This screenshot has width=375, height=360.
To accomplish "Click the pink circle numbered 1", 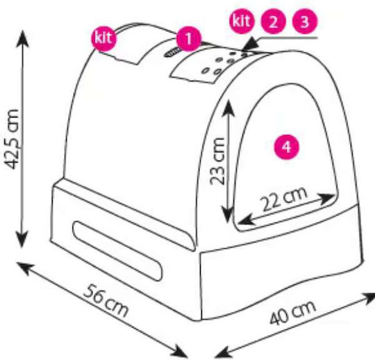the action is tap(189, 39).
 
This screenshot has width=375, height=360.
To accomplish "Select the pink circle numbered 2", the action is tap(274, 22).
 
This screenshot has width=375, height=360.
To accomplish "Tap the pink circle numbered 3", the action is tap(304, 22).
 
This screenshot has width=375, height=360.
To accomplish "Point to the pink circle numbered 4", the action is tap(287, 147).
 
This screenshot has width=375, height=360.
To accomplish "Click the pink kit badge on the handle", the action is tap(103, 38).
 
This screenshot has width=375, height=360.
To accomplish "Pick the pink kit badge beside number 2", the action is tap(241, 22).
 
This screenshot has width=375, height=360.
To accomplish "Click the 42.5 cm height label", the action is tap(12, 139).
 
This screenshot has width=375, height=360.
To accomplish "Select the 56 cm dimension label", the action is tap(106, 301).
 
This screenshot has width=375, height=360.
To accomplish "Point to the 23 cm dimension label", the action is tap(217, 161).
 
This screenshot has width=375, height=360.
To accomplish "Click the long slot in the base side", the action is tap(117, 251).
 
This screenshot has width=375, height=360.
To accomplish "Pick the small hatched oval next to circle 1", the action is tap(173, 52).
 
